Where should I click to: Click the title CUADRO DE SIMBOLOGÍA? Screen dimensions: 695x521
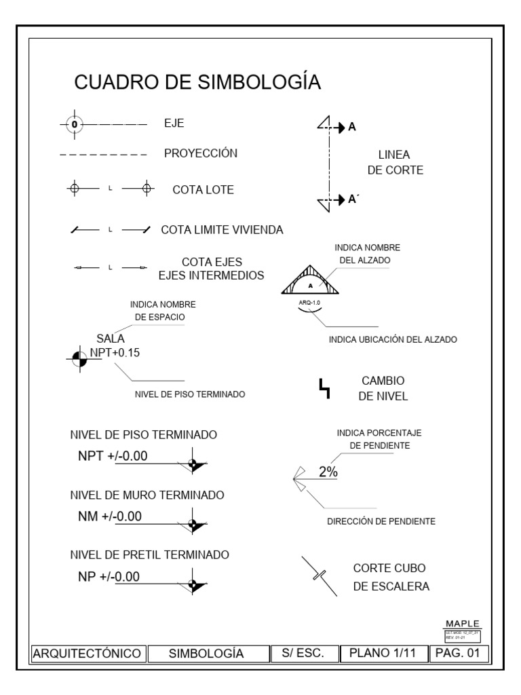point(197,82)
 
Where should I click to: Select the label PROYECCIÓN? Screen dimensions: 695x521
point(201,153)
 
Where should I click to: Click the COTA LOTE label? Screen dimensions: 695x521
point(203,190)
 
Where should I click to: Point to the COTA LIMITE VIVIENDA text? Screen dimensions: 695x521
point(222,230)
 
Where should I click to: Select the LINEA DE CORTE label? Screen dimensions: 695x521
point(395,163)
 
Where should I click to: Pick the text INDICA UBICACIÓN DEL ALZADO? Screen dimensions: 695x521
point(392,339)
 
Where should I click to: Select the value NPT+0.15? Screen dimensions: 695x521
point(115,352)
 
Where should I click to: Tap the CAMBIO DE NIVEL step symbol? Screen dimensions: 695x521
point(325,388)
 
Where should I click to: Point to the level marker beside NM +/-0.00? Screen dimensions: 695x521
point(195,524)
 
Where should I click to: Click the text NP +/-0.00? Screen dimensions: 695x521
point(109,577)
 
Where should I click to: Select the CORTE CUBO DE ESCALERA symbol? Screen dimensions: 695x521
point(319,576)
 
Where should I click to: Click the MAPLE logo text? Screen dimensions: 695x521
point(462,623)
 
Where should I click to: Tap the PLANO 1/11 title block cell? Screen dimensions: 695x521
point(382,654)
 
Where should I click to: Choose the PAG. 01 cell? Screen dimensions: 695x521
point(459,654)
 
